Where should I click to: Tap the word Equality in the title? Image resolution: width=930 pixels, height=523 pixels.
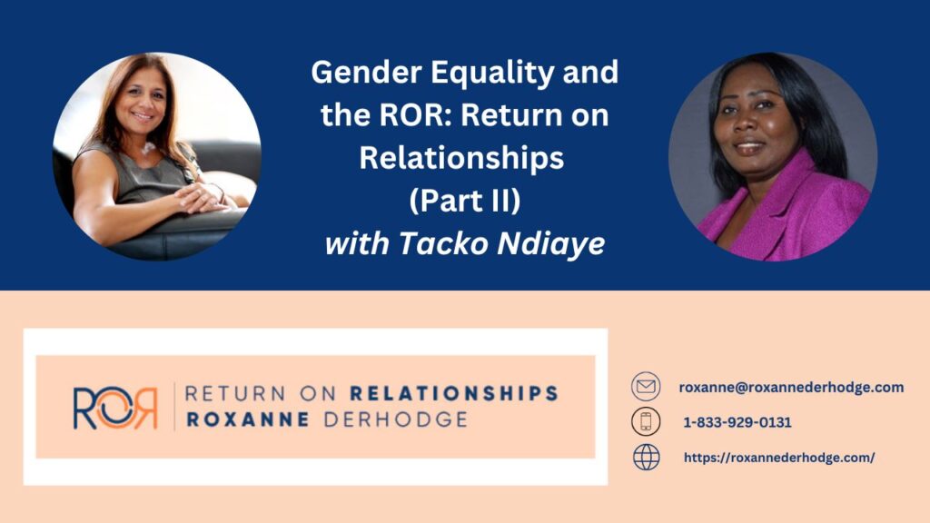click(x=492, y=74)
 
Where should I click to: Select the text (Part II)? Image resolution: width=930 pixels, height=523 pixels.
click(x=464, y=201)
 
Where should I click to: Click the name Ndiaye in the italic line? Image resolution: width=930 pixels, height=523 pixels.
click(x=551, y=243)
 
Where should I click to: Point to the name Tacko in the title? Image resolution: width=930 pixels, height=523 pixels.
click(x=442, y=242)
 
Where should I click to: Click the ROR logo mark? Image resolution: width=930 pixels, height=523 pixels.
click(x=115, y=408)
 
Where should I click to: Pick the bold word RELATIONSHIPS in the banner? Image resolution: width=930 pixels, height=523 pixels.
click(x=454, y=394)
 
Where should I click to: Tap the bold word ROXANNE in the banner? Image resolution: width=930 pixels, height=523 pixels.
click(x=248, y=419)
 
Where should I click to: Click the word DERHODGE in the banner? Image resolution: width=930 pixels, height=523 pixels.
click(x=396, y=419)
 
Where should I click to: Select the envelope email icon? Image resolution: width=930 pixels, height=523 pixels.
click(x=646, y=387)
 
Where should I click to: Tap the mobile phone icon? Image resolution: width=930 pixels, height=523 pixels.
click(x=646, y=421)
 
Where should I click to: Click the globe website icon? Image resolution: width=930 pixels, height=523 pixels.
click(x=646, y=458)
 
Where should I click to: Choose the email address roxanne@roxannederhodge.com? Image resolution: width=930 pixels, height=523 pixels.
click(x=791, y=387)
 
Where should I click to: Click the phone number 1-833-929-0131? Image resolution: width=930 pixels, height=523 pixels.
click(x=737, y=422)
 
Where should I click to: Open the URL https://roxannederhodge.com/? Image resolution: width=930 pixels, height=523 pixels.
click(x=779, y=458)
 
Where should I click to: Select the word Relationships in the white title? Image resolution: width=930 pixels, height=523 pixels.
click(x=461, y=158)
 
